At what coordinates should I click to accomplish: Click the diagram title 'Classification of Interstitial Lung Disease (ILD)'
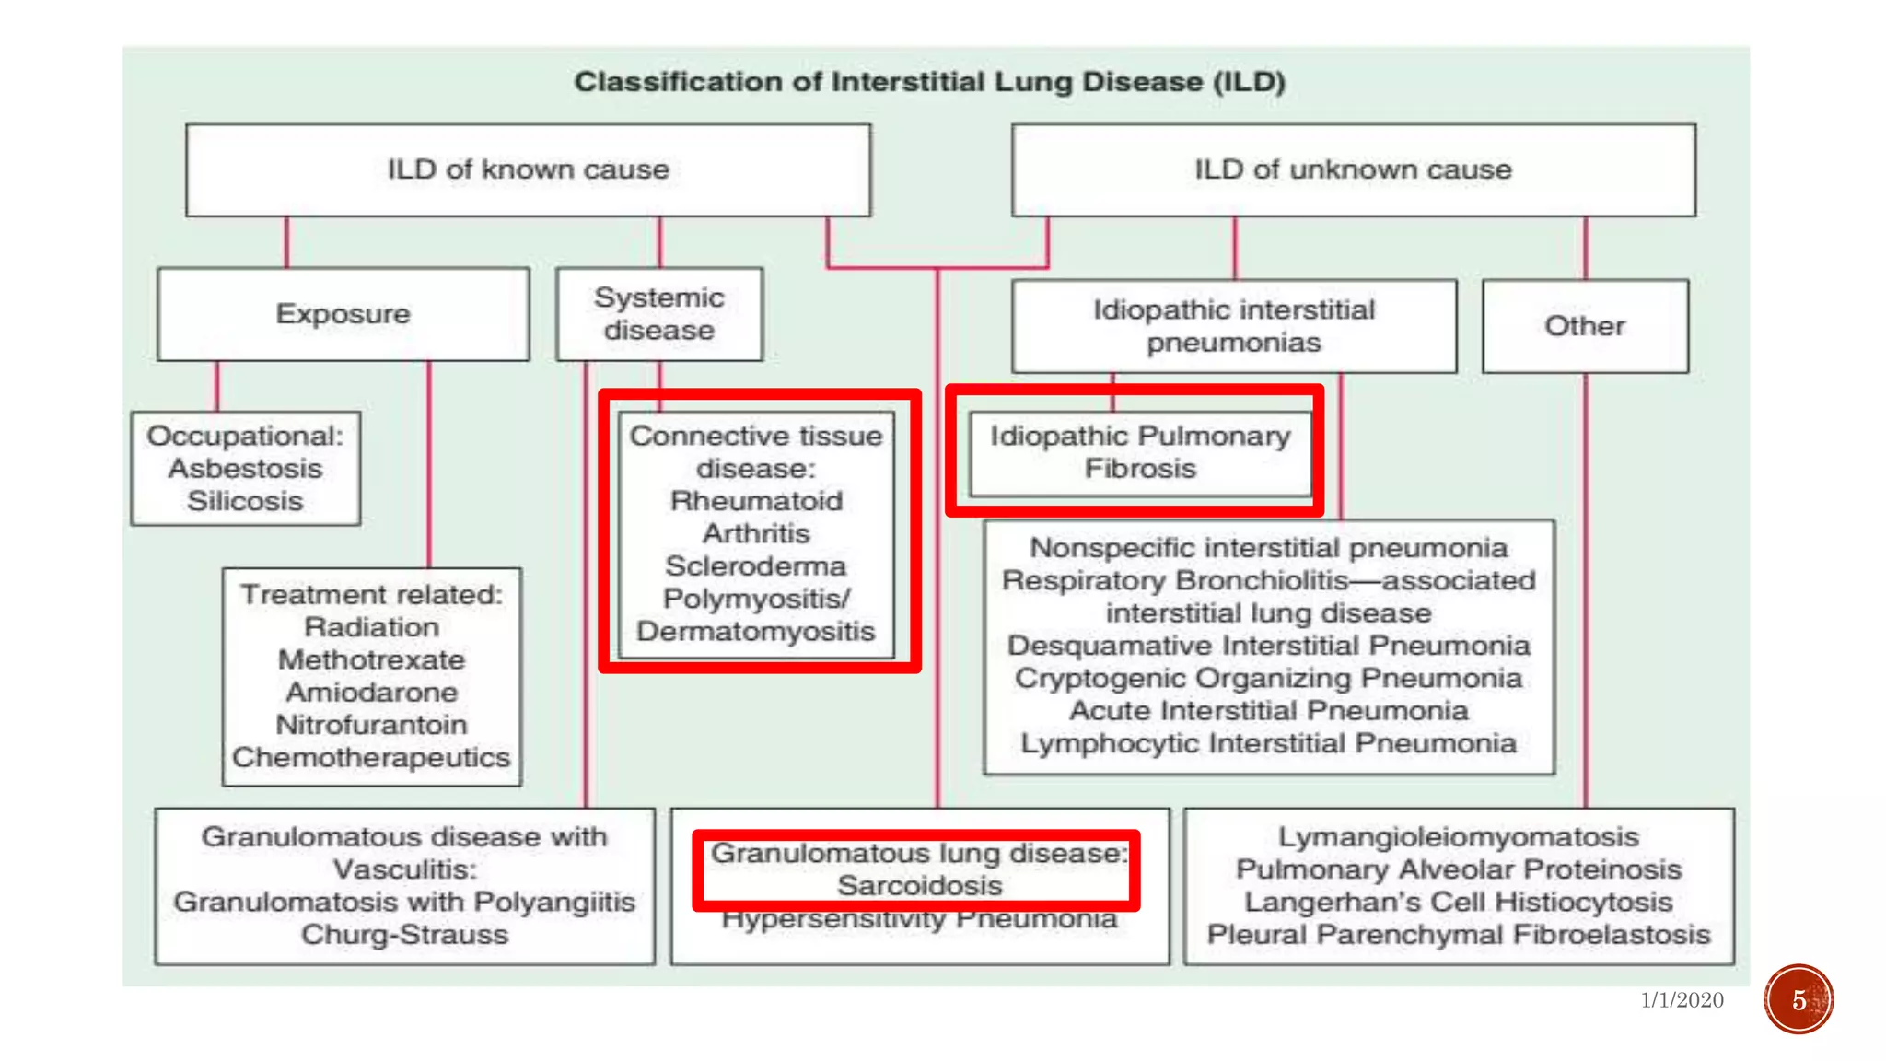[x=929, y=82]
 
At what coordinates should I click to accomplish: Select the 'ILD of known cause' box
[x=528, y=170]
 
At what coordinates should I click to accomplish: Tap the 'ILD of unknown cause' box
[x=1353, y=170]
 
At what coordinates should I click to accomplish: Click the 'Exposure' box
[x=343, y=314]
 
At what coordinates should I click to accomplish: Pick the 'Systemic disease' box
[x=659, y=314]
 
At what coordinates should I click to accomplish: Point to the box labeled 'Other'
[x=1585, y=326]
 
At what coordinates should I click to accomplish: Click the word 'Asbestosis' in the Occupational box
[x=245, y=469]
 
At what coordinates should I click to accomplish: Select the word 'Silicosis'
[x=245, y=501]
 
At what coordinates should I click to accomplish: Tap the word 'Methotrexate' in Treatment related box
[x=371, y=659]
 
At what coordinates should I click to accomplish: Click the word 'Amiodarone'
[x=371, y=692]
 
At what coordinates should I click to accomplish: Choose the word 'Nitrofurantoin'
[x=371, y=725]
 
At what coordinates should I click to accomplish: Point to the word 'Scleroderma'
[x=755, y=565]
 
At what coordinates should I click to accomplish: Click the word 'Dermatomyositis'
[x=755, y=631]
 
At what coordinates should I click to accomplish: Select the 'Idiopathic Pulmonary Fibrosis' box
[x=1140, y=452]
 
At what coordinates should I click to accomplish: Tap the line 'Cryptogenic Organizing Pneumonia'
[x=1268, y=678]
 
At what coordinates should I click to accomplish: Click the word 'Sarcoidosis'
[x=919, y=885]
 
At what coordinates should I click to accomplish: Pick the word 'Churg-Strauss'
[x=404, y=934]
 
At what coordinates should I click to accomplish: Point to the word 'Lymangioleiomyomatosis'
[x=1458, y=836]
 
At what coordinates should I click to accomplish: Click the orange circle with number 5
[x=1799, y=999]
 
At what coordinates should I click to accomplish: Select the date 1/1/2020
[x=1682, y=1000]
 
